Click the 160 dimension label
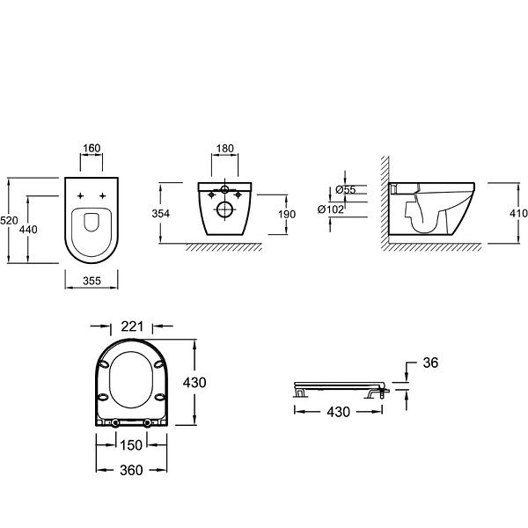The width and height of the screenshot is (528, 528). click(92, 148)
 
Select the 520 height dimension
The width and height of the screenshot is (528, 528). click(9, 221)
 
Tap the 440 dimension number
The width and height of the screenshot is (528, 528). click(28, 230)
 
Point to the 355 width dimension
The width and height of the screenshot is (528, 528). click(92, 281)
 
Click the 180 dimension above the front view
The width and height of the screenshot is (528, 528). click(224, 148)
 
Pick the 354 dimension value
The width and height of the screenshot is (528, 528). click(161, 214)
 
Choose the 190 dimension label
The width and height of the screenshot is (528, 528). click(287, 214)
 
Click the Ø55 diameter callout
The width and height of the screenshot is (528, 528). click(346, 190)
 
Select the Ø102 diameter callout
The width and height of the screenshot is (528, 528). click(331, 209)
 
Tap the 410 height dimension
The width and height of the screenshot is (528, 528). click(518, 213)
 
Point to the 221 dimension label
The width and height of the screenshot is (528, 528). click(132, 326)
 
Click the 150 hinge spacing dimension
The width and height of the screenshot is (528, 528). click(131, 445)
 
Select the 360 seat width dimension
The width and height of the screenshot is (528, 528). click(131, 470)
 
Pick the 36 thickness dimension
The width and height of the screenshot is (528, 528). click(430, 363)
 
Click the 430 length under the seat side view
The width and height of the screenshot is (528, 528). click(339, 412)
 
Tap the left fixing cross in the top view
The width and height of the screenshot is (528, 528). click(80, 195)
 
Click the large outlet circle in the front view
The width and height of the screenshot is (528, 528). click(225, 210)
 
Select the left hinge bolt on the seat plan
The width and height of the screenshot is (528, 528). click(115, 422)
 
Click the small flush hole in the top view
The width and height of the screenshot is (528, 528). click(92, 223)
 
